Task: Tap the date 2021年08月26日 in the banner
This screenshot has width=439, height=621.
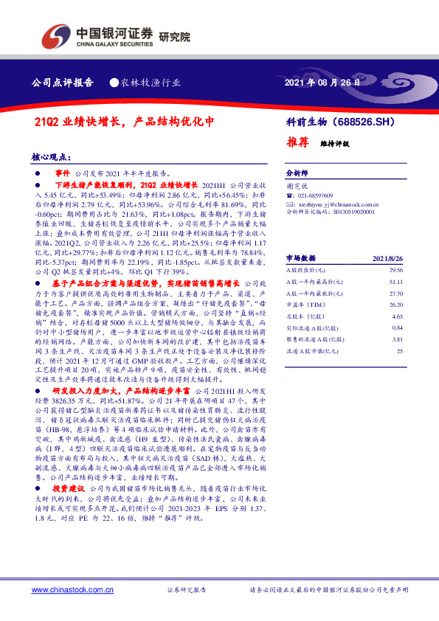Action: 322,83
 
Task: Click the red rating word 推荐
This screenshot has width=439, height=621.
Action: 296,142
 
